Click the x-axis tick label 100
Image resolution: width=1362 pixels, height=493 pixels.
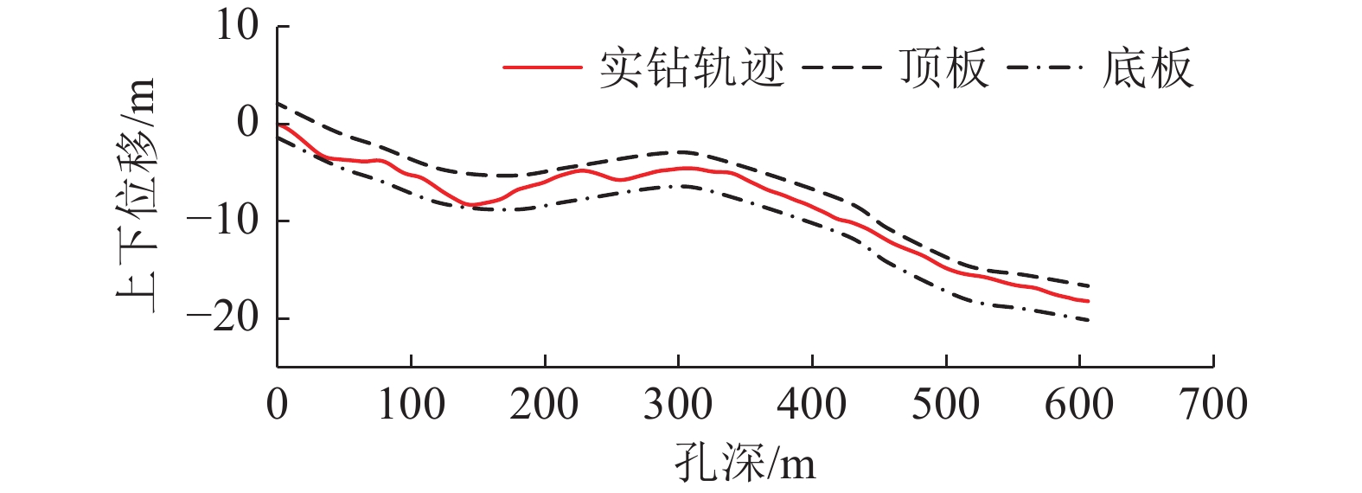[x=412, y=405]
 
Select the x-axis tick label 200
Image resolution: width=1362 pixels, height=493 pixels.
[x=545, y=405]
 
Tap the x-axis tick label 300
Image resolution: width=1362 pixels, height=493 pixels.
[x=678, y=405]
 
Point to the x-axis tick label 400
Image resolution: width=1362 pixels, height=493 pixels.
[x=812, y=405]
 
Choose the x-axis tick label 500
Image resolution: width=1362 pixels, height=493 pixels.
[x=946, y=405]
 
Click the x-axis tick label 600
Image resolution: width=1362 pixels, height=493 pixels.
[x=1079, y=405]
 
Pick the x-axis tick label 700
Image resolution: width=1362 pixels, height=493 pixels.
[x=1213, y=405]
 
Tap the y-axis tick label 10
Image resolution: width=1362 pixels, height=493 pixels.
[x=237, y=26]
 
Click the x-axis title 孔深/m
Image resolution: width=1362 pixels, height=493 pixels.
[x=745, y=464]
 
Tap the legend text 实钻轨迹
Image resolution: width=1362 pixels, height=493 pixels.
[x=692, y=68]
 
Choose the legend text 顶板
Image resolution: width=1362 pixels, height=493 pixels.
[x=943, y=68]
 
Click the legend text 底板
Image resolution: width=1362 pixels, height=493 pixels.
[x=1148, y=68]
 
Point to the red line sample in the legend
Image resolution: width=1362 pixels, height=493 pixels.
[x=542, y=67]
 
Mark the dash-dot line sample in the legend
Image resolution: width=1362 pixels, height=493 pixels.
[x=1045, y=67]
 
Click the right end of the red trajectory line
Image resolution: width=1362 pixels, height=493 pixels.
[x=1089, y=301]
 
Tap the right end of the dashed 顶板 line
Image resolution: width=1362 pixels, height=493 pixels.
[x=1089, y=285]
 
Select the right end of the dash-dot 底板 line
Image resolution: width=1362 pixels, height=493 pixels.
[x=1089, y=320]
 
